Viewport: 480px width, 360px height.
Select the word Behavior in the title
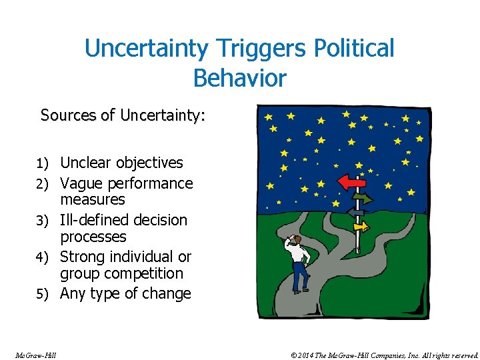pos(239,78)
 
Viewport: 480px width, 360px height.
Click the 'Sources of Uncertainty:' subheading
pos(123,115)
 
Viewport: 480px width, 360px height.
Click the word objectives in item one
pos(149,163)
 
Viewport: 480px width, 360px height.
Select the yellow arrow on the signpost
pos(361,227)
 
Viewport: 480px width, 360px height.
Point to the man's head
pos(298,240)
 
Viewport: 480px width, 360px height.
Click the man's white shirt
pos(299,255)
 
